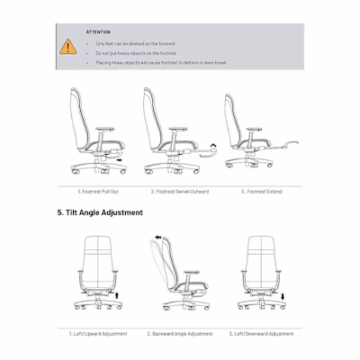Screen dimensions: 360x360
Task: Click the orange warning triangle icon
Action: [x=68, y=46]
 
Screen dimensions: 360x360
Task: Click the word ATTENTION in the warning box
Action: [x=99, y=31]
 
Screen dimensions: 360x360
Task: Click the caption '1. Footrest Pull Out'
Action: [x=100, y=191]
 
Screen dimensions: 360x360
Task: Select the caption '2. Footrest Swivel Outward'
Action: [x=180, y=191]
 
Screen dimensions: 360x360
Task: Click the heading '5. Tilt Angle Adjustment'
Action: [x=99, y=212]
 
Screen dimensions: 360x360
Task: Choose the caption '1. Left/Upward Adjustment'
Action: [x=100, y=333]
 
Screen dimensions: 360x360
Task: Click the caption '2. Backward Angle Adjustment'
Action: [x=180, y=333]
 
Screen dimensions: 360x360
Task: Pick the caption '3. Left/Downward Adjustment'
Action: [x=261, y=333]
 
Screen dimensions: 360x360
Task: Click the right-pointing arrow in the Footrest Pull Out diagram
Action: [x=121, y=163]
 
